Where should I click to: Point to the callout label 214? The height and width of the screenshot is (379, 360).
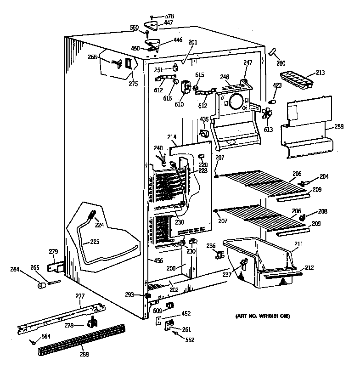[x=172, y=136]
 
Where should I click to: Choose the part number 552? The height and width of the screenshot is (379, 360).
[x=190, y=340]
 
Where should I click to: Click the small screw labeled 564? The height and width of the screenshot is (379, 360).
[x=34, y=341]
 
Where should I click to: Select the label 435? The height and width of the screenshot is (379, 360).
[x=204, y=119]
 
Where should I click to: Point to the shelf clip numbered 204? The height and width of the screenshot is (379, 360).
[x=304, y=184]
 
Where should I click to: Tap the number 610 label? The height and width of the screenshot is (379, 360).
[x=179, y=104]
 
